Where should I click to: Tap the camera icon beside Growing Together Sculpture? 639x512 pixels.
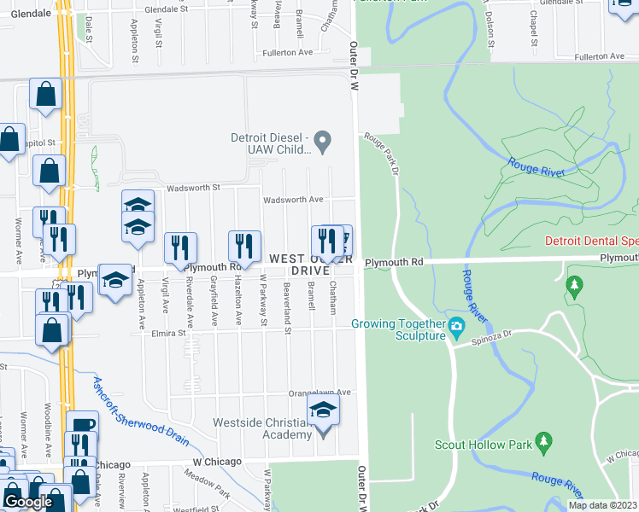456,325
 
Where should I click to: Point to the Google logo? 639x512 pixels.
27,502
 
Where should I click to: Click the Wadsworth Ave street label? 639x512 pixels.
293,199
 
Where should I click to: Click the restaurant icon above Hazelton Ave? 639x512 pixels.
244,247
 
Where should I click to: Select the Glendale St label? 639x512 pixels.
166,9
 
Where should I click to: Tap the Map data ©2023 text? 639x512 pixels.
603,505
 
